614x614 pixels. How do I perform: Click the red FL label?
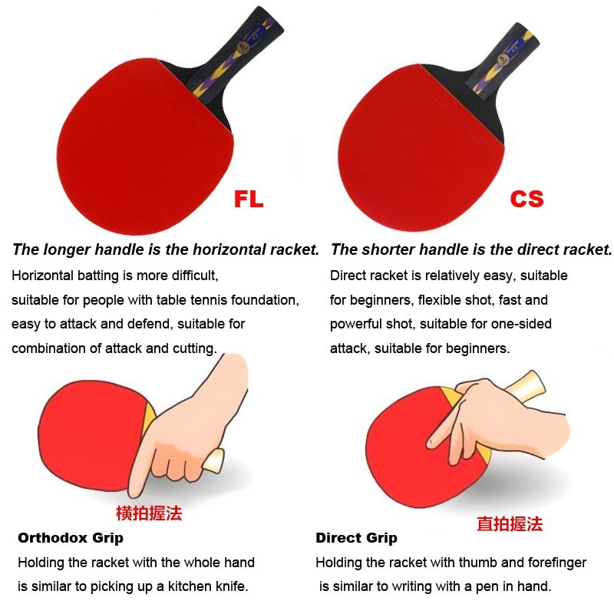pyautogui.click(x=249, y=199)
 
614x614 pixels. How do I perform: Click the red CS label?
pyautogui.click(x=527, y=199)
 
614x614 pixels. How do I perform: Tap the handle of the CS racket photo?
pyautogui.click(x=503, y=59)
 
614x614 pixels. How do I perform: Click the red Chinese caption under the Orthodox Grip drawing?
pyautogui.click(x=149, y=513)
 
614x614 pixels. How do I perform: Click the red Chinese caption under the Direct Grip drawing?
pyautogui.click(x=510, y=524)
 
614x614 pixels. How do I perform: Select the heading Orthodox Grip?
pyautogui.click(x=71, y=538)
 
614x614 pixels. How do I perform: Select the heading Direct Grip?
pyautogui.click(x=356, y=538)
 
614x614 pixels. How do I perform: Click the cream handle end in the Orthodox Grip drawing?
pyautogui.click(x=213, y=461)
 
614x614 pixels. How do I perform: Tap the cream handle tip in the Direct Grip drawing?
pyautogui.click(x=526, y=383)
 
